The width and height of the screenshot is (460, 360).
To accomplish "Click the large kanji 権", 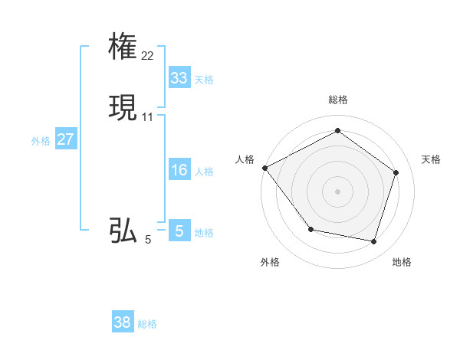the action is (123, 47).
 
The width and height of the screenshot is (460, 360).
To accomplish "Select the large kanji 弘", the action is (123, 231).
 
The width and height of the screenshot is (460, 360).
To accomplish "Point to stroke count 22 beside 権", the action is (148, 56).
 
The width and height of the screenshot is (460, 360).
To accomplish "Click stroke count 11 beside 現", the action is (148, 117).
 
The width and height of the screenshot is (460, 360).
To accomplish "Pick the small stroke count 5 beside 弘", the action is (148, 240).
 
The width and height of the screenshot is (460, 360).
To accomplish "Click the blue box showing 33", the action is (179, 78).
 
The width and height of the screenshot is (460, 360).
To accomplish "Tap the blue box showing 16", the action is (179, 170).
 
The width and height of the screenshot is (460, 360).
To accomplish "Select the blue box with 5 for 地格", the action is (179, 231).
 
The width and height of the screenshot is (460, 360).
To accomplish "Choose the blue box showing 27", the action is (65, 139).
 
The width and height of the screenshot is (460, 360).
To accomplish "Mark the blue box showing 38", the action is (123, 322).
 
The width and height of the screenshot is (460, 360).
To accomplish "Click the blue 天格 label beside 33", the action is (204, 79).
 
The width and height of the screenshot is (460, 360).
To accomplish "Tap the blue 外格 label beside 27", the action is (41, 140).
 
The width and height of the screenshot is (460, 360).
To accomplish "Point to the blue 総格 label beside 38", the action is (147, 324).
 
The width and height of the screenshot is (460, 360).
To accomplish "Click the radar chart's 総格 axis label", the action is (337, 100).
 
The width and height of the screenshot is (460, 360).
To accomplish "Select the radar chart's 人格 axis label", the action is (245, 159).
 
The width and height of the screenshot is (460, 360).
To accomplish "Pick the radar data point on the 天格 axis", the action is (396, 172).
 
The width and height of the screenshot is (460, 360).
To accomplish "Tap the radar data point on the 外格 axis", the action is (310, 229).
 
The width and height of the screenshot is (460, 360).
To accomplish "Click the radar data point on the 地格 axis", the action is (373, 241).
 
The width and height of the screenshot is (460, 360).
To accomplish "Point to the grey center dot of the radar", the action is (337, 191).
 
